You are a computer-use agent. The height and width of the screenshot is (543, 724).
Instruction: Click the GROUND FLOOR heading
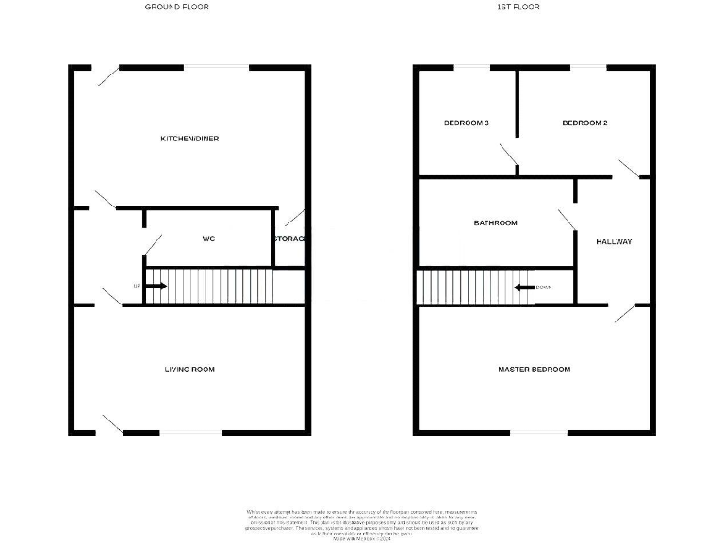click(176, 7)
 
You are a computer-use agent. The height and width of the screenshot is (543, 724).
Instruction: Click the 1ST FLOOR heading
click(518, 7)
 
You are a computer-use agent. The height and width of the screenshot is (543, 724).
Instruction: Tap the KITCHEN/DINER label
click(189, 139)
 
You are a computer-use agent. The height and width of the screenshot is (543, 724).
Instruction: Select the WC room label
click(208, 239)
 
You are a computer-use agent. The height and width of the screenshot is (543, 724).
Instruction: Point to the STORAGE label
click(289, 239)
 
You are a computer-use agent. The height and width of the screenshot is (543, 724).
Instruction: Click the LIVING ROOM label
click(189, 370)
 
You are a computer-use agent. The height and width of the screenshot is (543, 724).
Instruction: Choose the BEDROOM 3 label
click(466, 123)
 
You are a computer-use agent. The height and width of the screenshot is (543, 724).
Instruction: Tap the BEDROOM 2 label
click(584, 123)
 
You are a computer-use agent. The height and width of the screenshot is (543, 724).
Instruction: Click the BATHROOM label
click(495, 223)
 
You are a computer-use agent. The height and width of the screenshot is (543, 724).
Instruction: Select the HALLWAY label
click(614, 242)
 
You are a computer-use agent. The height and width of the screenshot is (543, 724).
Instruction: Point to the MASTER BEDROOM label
click(534, 370)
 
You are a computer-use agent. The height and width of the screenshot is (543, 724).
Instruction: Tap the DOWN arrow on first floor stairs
click(522, 287)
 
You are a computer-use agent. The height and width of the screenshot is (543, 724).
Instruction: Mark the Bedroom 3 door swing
click(509, 157)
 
